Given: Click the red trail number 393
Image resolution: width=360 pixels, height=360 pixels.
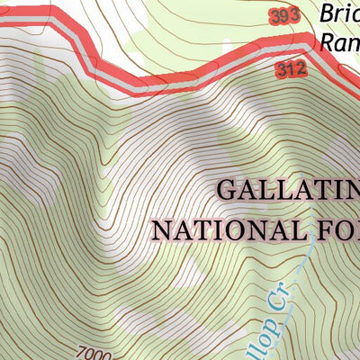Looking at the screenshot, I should [283, 16].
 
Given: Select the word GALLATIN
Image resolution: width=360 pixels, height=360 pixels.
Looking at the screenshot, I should [288, 191].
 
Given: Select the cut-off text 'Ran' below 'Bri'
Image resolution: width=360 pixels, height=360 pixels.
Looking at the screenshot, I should [338, 40].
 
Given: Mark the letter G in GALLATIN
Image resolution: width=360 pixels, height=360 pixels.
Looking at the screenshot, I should [229, 191].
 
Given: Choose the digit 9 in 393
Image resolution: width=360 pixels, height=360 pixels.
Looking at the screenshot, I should [283, 16].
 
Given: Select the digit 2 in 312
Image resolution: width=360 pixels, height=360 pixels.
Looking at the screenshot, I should [303, 67].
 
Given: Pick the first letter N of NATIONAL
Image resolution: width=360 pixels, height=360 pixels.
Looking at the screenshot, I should [160, 229].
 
